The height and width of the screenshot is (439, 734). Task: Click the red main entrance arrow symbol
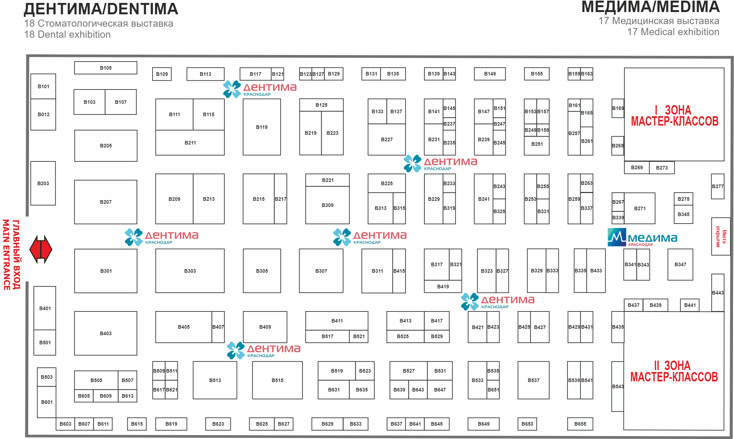point(41,250)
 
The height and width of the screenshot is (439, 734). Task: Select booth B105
point(106,68)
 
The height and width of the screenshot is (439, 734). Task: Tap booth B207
point(106,202)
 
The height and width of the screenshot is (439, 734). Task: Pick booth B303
point(190,271)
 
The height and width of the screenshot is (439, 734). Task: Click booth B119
point(262,127)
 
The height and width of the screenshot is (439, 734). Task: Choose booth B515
point(277,380)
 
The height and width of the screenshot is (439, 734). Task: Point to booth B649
point(484,424)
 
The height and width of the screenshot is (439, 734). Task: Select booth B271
point(640,208)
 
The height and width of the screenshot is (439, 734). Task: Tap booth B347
point(680,264)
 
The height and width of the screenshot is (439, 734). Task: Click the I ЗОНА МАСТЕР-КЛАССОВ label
point(674,116)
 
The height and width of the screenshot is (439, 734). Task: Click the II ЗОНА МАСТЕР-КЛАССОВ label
point(674,371)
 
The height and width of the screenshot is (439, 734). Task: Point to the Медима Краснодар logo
point(642,238)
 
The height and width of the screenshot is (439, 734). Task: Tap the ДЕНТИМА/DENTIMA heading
point(101,9)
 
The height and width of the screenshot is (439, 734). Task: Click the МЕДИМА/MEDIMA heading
point(650,7)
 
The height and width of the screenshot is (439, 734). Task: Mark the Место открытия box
point(721,236)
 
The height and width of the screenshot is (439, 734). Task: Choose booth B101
point(43,86)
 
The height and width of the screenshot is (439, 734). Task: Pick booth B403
point(106,333)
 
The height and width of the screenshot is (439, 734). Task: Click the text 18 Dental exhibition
point(68,34)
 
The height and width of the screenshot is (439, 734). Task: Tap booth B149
point(490,74)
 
